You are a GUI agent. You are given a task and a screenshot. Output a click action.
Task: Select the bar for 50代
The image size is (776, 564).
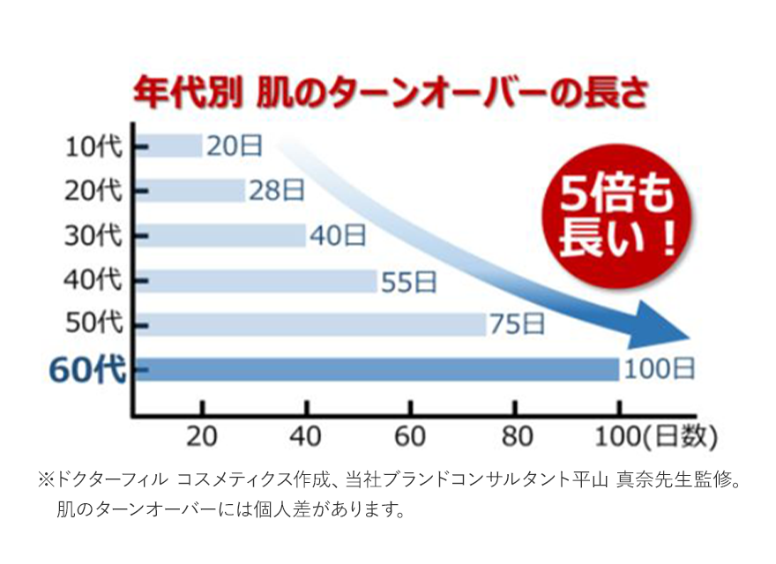pyautogui.click(x=313, y=324)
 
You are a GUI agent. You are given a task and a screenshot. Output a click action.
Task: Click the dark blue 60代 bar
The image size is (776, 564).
pyautogui.click(x=379, y=369)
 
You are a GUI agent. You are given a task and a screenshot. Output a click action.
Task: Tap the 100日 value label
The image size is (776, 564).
pyautogui.click(x=660, y=369)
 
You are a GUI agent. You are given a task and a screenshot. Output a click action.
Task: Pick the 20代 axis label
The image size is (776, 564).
pyautogui.click(x=93, y=190)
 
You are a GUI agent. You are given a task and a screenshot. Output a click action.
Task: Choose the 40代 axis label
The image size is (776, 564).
pyautogui.click(x=93, y=280)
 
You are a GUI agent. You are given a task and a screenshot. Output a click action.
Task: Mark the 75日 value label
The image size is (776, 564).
pyautogui.click(x=517, y=324)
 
